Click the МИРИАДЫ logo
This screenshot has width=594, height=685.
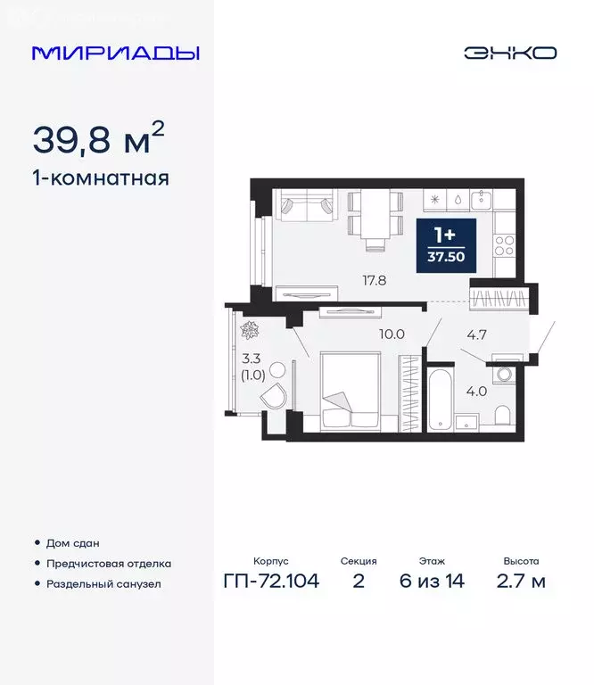coord(116,53)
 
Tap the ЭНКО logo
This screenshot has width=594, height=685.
coord(509,53)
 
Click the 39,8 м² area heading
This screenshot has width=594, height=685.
coord(98,138)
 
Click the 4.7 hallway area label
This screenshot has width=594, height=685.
coord(477,336)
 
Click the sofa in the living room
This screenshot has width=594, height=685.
coord(306,207)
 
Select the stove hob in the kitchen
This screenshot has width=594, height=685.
coord(504,241)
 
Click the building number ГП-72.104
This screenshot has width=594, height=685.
coord(272,582)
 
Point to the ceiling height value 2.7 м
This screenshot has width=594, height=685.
coord(521,582)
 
